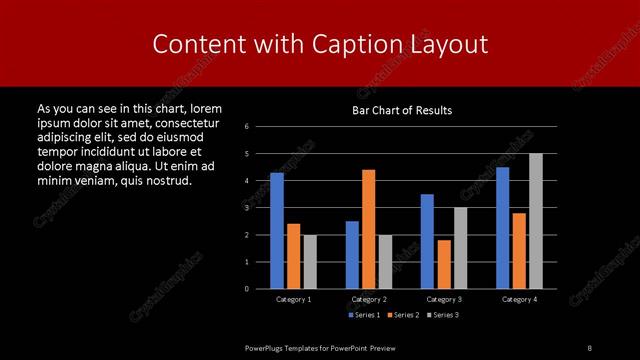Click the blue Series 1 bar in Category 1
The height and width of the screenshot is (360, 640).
click(x=277, y=231)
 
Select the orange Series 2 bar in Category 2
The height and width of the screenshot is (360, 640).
click(x=369, y=229)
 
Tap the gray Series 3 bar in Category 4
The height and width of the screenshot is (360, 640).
click(x=536, y=221)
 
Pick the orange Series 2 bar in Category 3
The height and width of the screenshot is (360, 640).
click(x=444, y=264)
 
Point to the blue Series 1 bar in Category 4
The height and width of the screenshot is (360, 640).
click(x=502, y=228)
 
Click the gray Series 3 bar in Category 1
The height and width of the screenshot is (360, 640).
click(x=310, y=262)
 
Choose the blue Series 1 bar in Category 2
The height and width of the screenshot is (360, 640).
click(x=352, y=255)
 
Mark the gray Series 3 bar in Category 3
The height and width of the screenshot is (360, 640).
click(x=461, y=248)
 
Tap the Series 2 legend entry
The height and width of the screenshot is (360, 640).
click(x=403, y=315)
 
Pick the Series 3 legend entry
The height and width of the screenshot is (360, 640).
click(x=442, y=315)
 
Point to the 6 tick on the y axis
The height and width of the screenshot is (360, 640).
click(x=247, y=127)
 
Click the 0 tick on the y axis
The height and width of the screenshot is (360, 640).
click(x=247, y=289)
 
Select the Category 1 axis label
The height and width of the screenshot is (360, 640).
click(x=294, y=299)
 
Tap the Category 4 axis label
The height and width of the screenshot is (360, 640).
click(x=519, y=299)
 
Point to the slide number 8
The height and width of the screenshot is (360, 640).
click(x=589, y=347)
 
